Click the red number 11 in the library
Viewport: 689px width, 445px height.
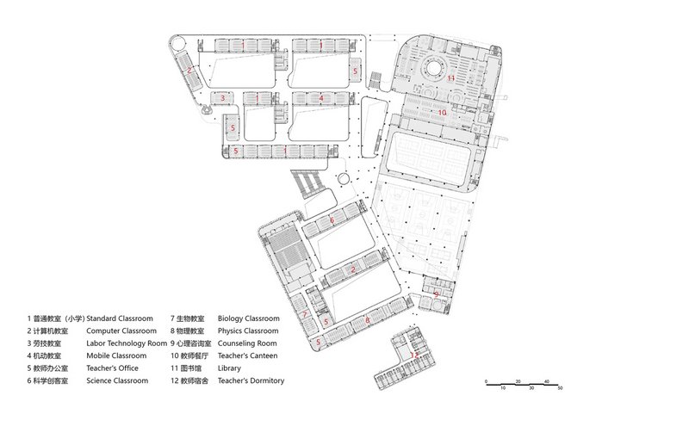coord(450,78)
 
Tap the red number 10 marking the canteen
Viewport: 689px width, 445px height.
coord(442,113)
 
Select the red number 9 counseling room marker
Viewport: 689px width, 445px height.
coord(437,294)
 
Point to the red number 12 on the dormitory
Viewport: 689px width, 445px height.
coord(414,355)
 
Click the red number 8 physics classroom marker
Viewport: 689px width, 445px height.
coord(368,320)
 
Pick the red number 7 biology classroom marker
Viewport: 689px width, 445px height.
coord(304,314)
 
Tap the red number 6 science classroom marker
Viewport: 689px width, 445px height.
coord(332,220)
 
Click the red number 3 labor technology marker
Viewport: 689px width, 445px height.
coord(223,98)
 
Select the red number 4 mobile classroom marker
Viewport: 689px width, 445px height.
coord(321,98)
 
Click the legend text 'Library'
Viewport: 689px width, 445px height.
coord(229,368)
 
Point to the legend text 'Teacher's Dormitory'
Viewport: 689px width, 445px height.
coord(251,380)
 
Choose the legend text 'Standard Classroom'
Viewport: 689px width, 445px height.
coord(120,318)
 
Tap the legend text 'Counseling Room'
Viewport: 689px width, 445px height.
coord(247,343)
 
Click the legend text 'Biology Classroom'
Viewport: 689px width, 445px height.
coord(248,318)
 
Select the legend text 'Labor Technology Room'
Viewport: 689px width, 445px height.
coord(127,343)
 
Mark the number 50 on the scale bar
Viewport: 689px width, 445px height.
coord(560,388)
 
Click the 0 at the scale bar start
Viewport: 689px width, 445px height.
coord(486,381)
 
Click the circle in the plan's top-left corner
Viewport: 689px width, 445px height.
coord(177,45)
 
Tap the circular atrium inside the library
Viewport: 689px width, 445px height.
coord(434,69)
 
